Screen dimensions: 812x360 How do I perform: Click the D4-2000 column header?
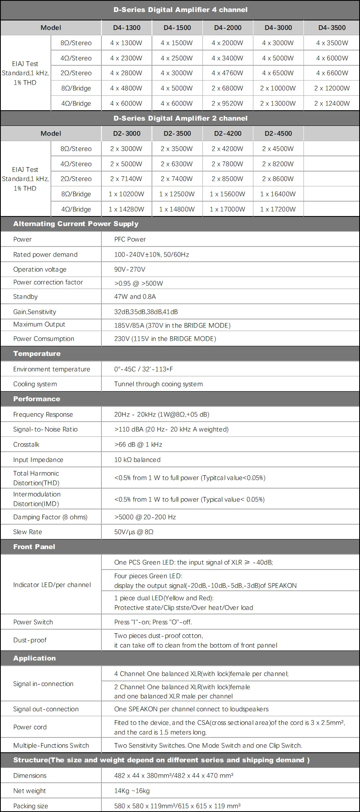(228, 28)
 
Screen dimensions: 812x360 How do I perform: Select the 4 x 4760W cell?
(227, 73)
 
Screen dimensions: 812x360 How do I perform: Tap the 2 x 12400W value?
(332, 103)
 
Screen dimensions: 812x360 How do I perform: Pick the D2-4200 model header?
(228, 133)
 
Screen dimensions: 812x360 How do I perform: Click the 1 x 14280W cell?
(126, 209)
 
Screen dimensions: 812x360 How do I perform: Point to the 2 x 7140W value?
(126, 179)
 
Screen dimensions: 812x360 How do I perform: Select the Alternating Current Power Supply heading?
(76, 224)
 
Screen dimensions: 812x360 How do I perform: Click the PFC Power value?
(130, 239)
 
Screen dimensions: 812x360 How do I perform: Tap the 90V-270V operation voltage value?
(129, 269)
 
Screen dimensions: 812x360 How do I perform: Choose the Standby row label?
(25, 297)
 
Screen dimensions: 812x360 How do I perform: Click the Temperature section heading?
(37, 353)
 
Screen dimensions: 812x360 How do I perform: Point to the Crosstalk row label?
(26, 444)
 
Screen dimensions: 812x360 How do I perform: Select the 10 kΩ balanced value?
(137, 460)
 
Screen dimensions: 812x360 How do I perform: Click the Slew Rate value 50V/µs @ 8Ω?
(134, 532)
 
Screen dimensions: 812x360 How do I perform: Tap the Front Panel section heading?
(34, 547)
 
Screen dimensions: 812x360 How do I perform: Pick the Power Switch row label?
(33, 622)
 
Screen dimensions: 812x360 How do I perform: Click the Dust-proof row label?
(30, 640)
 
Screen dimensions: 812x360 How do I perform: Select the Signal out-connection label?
(46, 709)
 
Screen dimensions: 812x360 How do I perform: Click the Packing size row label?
(30, 806)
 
